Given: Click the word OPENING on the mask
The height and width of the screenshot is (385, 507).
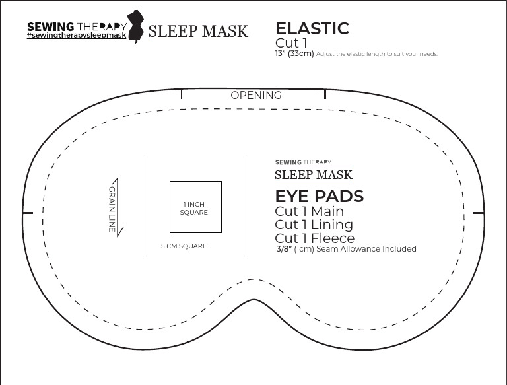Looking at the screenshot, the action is pyautogui.click(x=256, y=96).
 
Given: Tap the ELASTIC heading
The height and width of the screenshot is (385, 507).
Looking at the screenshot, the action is pyautogui.click(x=312, y=28).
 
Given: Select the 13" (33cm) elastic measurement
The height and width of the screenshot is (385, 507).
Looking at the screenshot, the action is pyautogui.click(x=294, y=54).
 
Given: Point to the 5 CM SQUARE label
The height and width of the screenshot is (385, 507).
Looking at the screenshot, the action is pyautogui.click(x=184, y=246).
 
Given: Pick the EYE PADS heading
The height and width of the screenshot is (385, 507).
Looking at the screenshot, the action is pyautogui.click(x=319, y=196).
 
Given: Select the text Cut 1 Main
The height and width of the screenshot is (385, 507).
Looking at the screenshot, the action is pyautogui.click(x=309, y=211).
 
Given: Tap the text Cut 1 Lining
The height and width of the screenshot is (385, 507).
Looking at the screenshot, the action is pyautogui.click(x=314, y=225).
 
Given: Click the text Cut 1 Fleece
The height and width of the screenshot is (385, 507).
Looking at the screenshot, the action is pyautogui.click(x=314, y=238).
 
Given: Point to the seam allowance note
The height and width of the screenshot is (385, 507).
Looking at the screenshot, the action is pyautogui.click(x=346, y=249).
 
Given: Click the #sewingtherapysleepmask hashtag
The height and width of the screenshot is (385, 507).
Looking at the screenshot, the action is pyautogui.click(x=76, y=35).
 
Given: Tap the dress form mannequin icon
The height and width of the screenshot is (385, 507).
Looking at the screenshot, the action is pyautogui.click(x=137, y=27).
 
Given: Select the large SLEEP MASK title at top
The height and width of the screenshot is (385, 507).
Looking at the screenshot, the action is pyautogui.click(x=198, y=30).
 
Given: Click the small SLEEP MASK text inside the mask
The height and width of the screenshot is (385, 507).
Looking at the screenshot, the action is pyautogui.click(x=313, y=175).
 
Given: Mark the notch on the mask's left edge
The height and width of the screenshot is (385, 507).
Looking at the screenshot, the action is pyautogui.click(x=27, y=213).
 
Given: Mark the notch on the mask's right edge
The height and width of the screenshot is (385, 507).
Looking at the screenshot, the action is pyautogui.click(x=479, y=213).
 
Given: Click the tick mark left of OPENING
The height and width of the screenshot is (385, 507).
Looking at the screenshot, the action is pyautogui.click(x=182, y=95).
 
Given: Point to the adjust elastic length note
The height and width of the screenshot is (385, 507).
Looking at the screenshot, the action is pyautogui.click(x=377, y=54).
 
